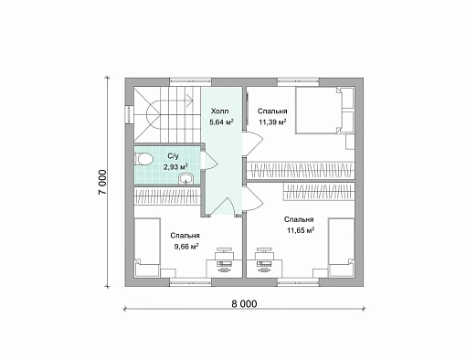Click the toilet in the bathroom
pyautogui.click(x=144, y=159)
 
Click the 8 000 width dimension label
pyautogui.click(x=244, y=303)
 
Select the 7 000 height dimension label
pyautogui.click(x=102, y=182)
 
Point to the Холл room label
pyautogui.click(x=219, y=111)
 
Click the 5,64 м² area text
pyautogui.click(x=221, y=122)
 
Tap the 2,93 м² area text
pyautogui.click(x=175, y=167)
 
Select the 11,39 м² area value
pyautogui.click(x=272, y=122)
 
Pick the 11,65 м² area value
pyautogui.click(x=301, y=230)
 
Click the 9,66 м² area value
pyautogui.click(x=186, y=247)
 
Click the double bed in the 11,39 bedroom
pyautogui.click(x=324, y=111)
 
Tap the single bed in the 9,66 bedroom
pyautogui.click(x=147, y=248)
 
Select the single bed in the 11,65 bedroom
pyautogui.click(x=342, y=248)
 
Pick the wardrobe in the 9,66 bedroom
pyautogui.click(x=167, y=196)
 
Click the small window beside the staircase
pyautogui.click(x=129, y=114)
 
